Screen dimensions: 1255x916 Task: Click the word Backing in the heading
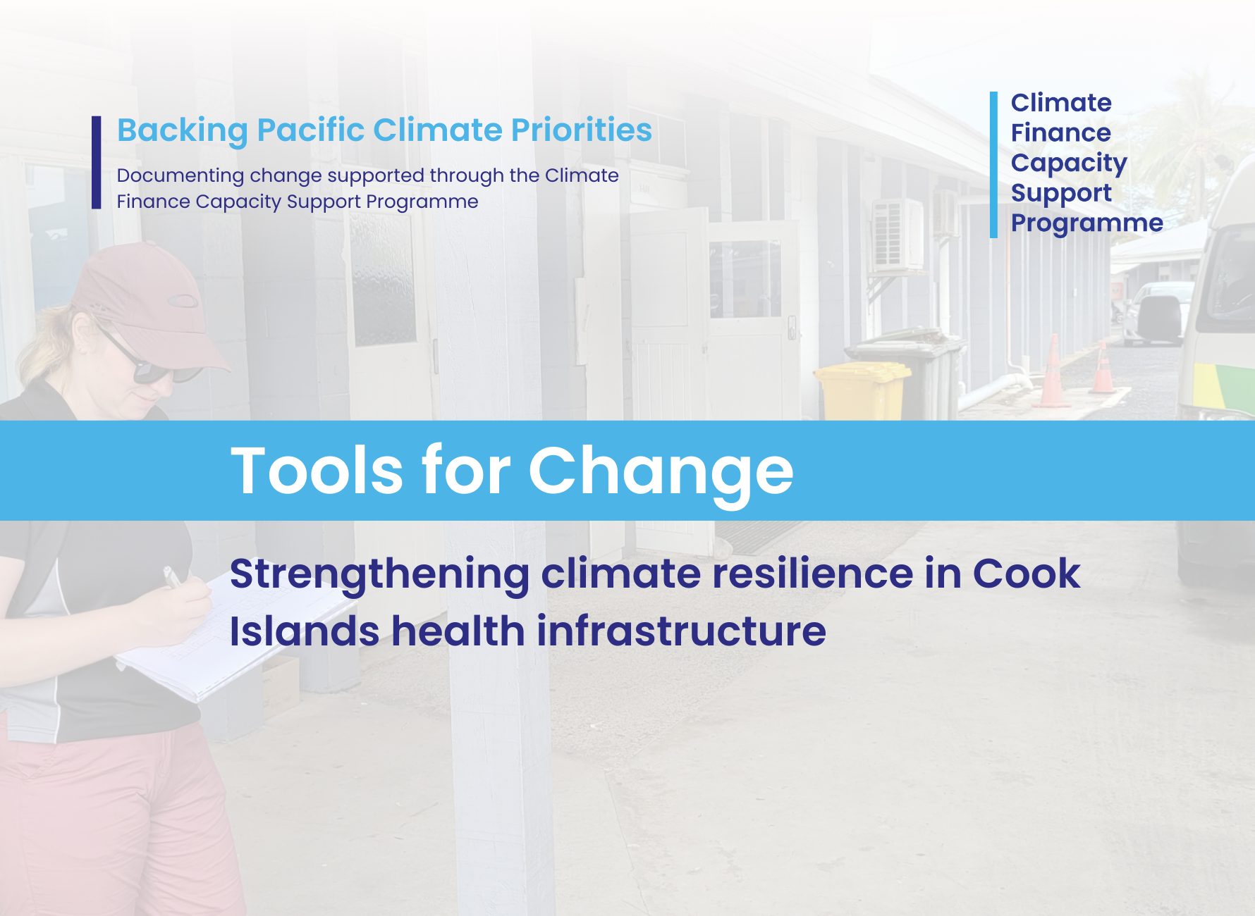tap(183, 131)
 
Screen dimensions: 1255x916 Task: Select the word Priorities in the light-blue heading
tap(582, 130)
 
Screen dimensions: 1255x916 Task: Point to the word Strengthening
tap(379, 575)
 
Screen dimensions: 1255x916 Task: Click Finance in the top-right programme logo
tap(1061, 132)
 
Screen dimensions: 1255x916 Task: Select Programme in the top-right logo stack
tap(1087, 223)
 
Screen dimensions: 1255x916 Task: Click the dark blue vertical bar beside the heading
tap(97, 163)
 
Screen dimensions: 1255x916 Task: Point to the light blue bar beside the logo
tap(994, 165)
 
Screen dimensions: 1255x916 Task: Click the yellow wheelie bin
tap(862, 391)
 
